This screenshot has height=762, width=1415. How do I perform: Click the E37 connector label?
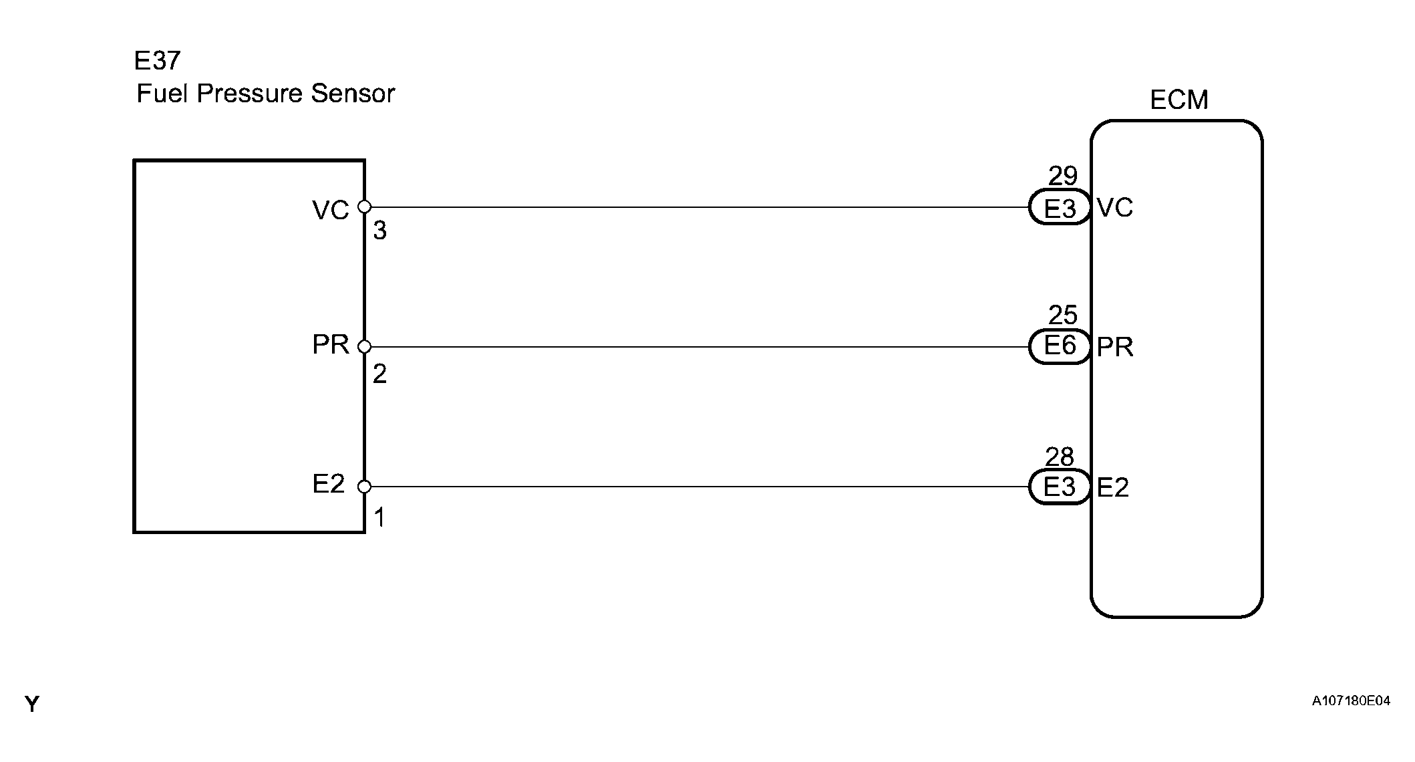click(x=157, y=61)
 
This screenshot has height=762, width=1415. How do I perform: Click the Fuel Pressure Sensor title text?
click(x=265, y=94)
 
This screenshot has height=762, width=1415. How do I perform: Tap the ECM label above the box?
click(x=1178, y=100)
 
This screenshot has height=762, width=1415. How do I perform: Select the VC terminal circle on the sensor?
click(x=364, y=207)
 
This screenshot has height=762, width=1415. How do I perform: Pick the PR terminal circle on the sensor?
click(x=364, y=347)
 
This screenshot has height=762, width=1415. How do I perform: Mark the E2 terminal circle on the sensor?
click(x=364, y=487)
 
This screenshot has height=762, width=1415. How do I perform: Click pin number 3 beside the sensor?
click(x=379, y=231)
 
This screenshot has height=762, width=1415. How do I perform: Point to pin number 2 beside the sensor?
click(x=379, y=374)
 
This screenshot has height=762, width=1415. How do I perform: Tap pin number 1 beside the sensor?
click(x=379, y=518)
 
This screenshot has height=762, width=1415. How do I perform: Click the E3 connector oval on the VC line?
click(x=1060, y=208)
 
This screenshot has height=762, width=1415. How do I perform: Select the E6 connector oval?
click(x=1060, y=346)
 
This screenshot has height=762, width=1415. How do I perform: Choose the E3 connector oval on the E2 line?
click(x=1060, y=487)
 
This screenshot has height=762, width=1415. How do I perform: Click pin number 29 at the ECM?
click(x=1062, y=176)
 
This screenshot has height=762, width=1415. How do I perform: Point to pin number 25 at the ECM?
click(x=1062, y=315)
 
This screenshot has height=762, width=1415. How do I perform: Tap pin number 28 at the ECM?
click(x=1060, y=457)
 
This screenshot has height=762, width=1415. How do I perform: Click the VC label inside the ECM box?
click(x=1115, y=208)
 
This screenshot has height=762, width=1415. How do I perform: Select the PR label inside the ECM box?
click(x=1115, y=348)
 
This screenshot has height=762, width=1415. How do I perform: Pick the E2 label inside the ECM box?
click(x=1113, y=488)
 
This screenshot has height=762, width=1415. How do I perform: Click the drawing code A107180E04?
click(x=1351, y=701)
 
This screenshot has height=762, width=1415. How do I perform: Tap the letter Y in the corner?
click(x=32, y=704)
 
